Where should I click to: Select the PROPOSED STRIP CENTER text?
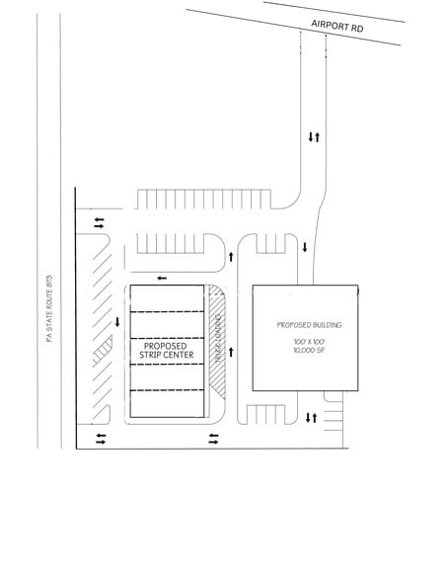tap(165, 350)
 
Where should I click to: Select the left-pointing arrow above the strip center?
tap(161, 279)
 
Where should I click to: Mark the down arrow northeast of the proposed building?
tap(305, 247)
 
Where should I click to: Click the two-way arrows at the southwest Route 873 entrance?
tap(100, 437)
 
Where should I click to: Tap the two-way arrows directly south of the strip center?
tap(213, 437)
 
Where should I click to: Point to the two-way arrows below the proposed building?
tap(311, 418)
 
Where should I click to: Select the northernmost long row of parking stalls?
tap(202, 199)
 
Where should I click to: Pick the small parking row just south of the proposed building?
tap(267, 415)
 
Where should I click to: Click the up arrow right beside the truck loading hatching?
tap(234, 342)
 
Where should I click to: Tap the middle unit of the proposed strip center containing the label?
tap(165, 352)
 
